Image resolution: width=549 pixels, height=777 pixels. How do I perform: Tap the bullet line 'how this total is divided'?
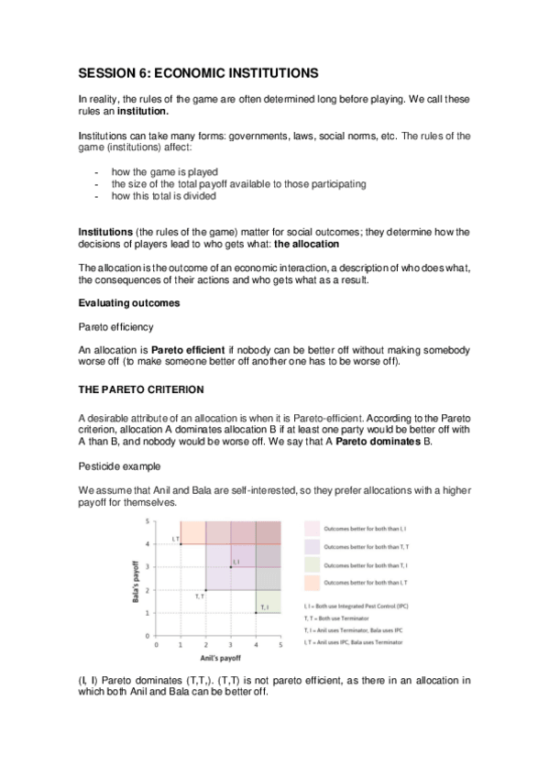point(164,195)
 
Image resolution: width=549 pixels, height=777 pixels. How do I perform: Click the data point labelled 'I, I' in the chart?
point(230,567)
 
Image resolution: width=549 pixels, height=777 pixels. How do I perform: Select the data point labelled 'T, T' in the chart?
point(205,590)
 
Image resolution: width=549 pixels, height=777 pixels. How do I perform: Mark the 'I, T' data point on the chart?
point(181,544)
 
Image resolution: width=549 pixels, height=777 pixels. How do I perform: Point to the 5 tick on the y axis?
point(148,521)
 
